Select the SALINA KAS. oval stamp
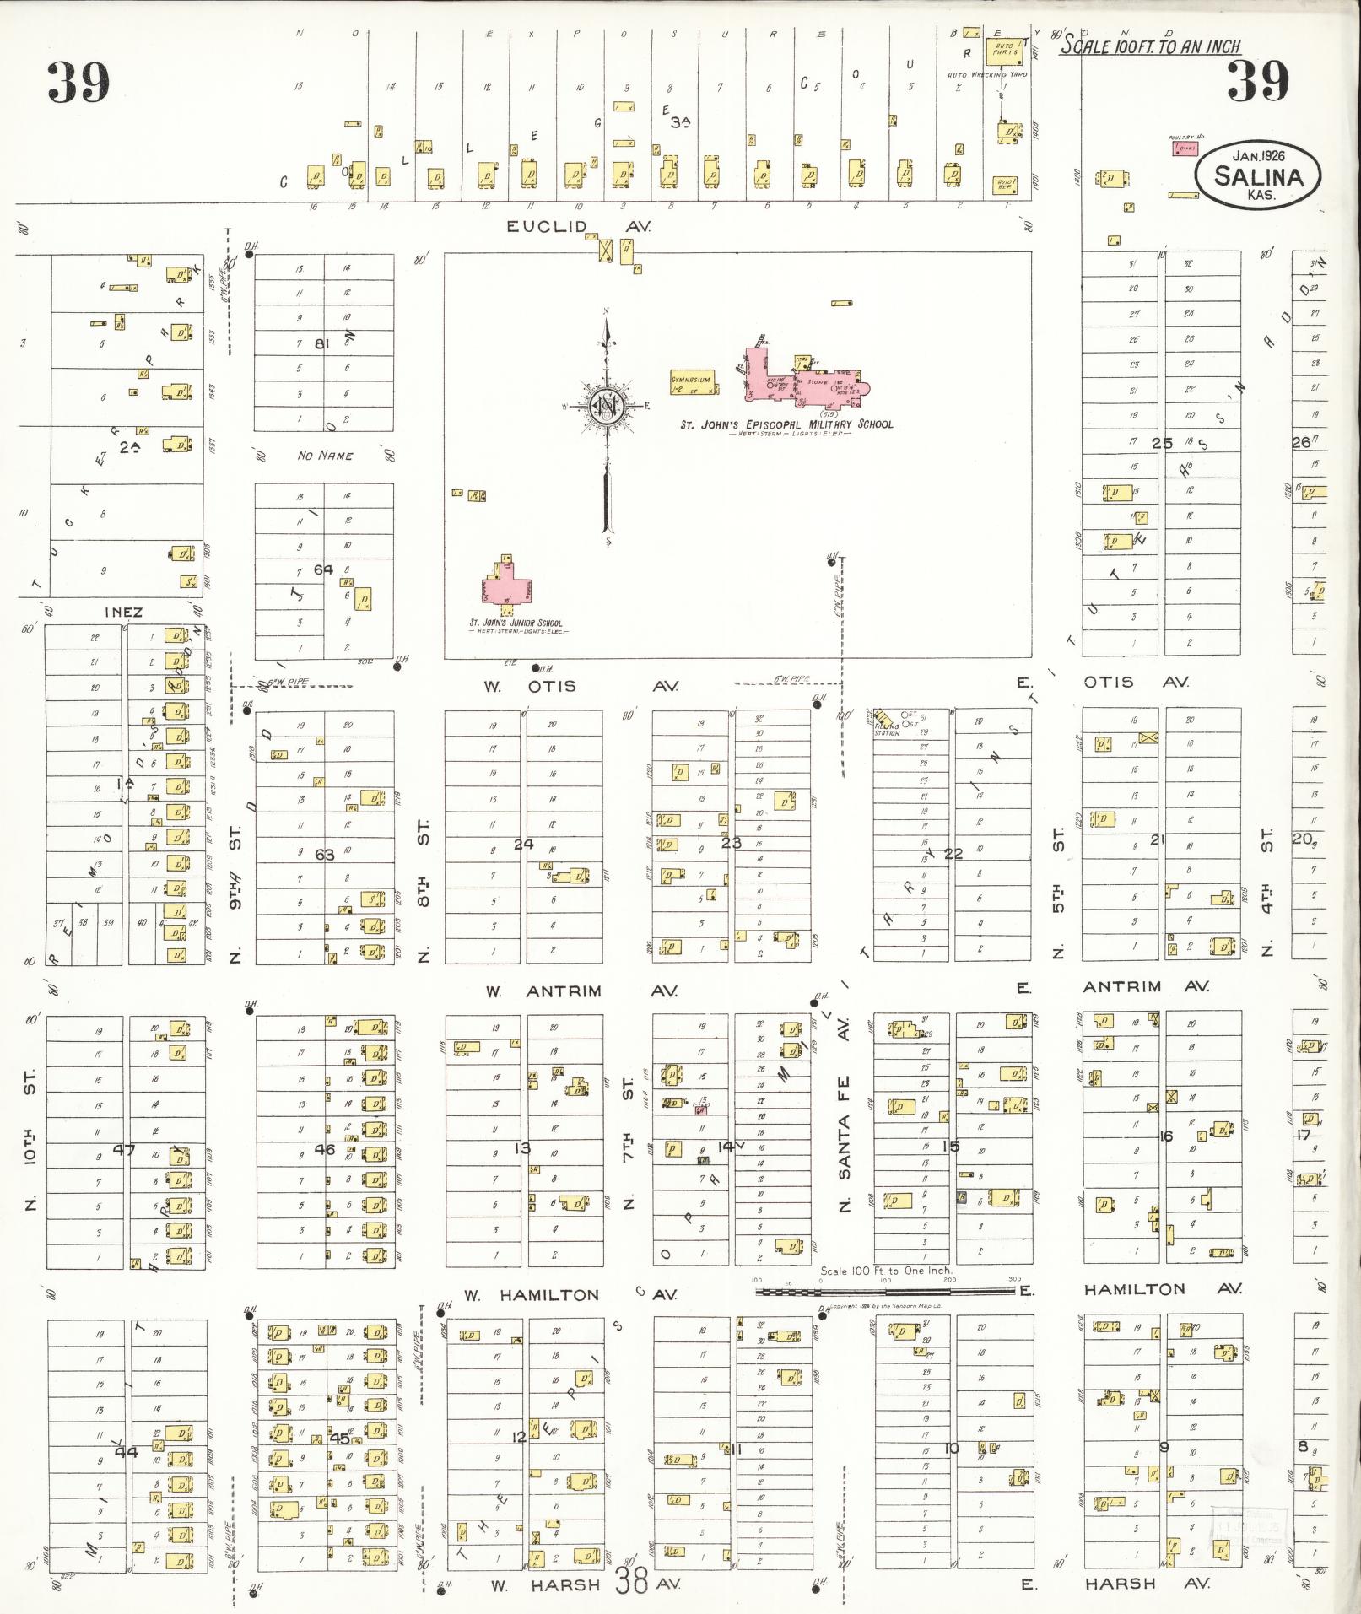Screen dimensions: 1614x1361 tap(1257, 174)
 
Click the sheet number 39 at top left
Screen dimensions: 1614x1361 tap(78, 82)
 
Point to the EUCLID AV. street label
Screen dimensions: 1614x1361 tap(579, 226)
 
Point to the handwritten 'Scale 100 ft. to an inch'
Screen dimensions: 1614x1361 tap(1149, 46)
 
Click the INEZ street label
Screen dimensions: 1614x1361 tap(123, 612)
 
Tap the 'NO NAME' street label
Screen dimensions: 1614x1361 tap(325, 456)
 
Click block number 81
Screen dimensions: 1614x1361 tap(321, 343)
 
